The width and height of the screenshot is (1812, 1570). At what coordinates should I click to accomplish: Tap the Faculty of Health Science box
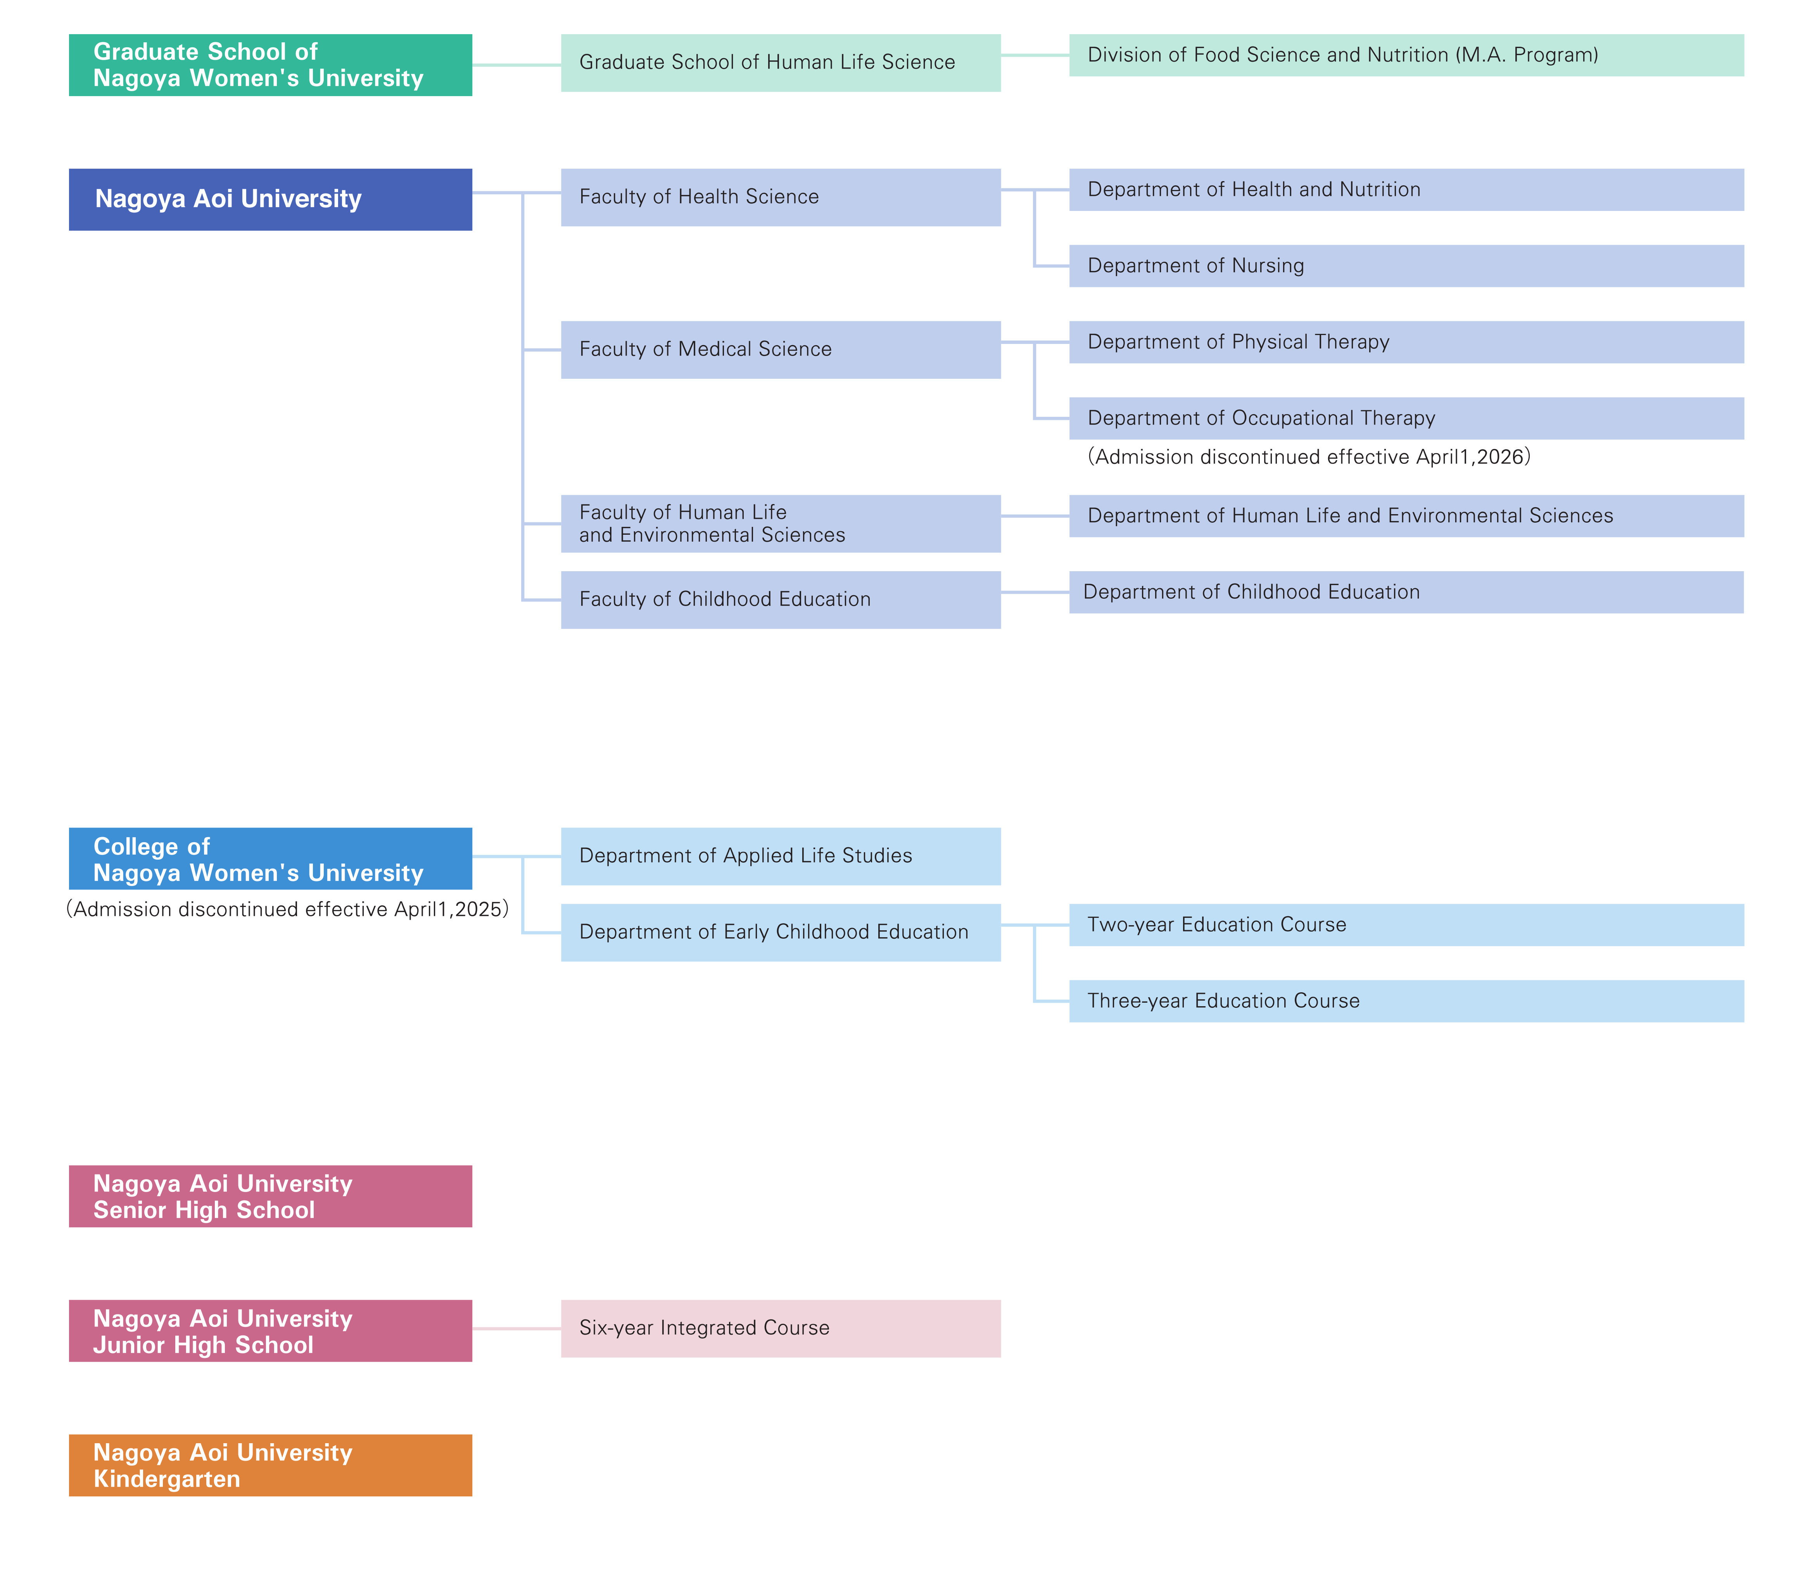click(x=781, y=197)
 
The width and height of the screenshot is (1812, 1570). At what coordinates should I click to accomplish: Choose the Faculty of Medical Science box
click(x=781, y=350)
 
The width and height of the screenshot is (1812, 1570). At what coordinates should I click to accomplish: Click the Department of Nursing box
click(x=1406, y=266)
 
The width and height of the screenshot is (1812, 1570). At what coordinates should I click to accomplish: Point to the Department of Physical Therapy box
click(x=1406, y=342)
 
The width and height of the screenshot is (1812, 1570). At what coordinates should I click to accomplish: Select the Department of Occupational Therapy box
click(x=1406, y=418)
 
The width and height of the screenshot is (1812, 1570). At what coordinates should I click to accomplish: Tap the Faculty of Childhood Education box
click(x=781, y=599)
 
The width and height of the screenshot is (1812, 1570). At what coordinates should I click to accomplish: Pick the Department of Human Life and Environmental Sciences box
click(x=1406, y=516)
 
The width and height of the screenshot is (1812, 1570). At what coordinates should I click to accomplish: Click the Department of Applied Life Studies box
click(x=781, y=856)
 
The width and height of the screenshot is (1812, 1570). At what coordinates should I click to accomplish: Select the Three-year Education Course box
click(x=1406, y=1000)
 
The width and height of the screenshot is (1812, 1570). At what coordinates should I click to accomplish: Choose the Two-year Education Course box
click(x=1406, y=924)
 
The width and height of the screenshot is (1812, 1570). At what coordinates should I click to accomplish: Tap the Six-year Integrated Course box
click(x=781, y=1328)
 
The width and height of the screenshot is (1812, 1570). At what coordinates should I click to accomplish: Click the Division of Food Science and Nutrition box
click(x=1406, y=55)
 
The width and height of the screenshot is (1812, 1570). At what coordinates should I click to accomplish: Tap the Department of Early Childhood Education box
click(x=781, y=932)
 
